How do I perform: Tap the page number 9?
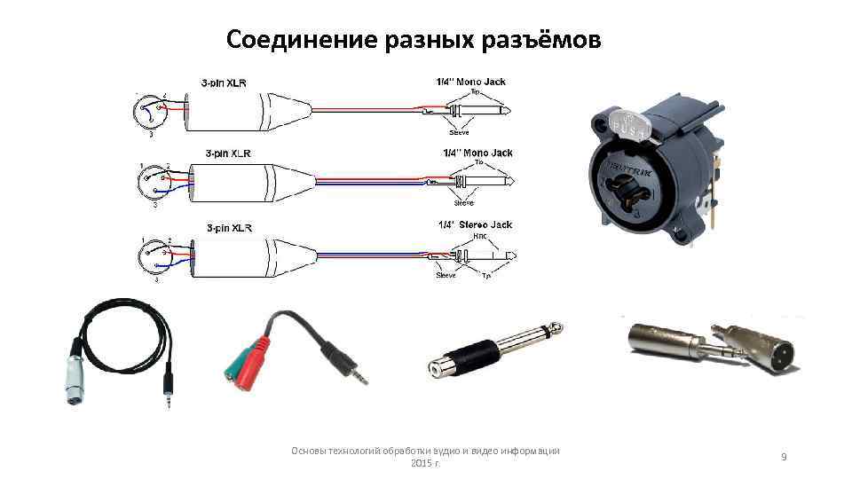coord(784,456)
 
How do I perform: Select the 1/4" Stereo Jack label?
coord(476,225)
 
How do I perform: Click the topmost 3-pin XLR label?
coord(224,83)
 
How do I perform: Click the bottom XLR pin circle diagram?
coord(150,258)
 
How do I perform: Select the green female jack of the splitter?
coord(234,373)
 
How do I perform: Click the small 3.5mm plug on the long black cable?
coord(167,390)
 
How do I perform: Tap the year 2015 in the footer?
coord(422,464)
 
